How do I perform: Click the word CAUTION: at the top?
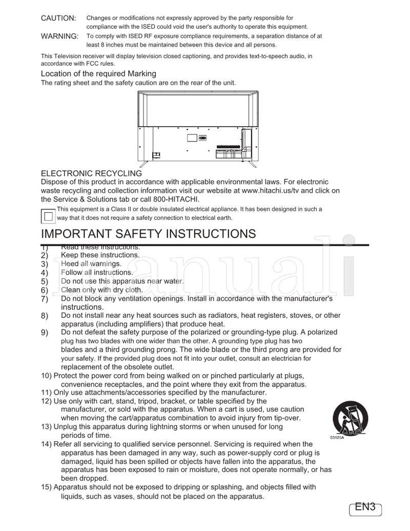point(58,18)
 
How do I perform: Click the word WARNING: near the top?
point(59,36)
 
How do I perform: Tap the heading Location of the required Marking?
point(98,74)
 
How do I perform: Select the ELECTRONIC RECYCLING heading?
point(91,174)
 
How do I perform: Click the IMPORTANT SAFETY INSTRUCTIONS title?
point(148,234)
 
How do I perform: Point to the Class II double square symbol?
point(48,216)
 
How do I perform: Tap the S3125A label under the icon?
point(337,437)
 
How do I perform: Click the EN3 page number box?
point(365,507)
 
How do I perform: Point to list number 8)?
point(45,316)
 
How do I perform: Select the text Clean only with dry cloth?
point(101,290)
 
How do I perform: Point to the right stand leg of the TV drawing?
point(253,164)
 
